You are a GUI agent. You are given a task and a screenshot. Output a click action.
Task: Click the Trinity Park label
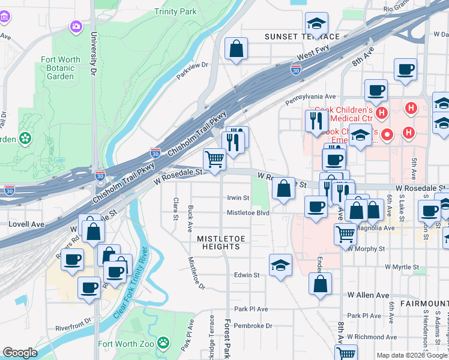[x=175, y=11]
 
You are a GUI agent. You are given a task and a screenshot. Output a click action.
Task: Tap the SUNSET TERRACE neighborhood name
[x=303, y=37]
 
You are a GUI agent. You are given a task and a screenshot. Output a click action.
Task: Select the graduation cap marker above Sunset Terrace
[x=316, y=24]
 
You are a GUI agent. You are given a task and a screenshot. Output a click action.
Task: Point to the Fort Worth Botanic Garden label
[x=61, y=68]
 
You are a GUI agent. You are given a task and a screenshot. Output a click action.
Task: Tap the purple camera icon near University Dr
[x=76, y=26]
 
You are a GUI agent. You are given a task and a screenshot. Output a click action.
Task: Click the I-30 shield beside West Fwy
[x=295, y=70]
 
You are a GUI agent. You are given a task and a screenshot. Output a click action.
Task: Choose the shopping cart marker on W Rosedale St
[x=214, y=159]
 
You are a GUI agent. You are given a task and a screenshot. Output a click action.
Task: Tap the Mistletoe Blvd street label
[x=247, y=212]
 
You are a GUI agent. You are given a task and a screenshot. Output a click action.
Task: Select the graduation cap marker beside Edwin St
[x=280, y=265]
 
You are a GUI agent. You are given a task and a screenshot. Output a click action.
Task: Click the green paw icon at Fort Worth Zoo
[x=163, y=343]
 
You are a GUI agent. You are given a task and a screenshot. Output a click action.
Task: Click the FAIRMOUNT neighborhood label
[x=426, y=304]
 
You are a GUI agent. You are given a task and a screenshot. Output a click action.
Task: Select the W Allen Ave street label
[x=368, y=295]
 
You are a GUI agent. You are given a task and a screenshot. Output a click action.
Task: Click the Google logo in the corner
[x=20, y=353]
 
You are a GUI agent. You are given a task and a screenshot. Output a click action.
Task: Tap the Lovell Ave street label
[x=27, y=224]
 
